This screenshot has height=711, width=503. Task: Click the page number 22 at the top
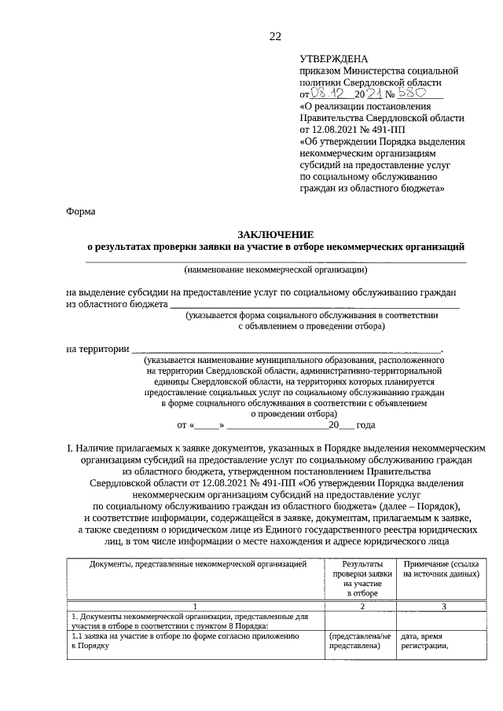[275, 36]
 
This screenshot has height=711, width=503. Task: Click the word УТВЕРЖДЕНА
[333, 59]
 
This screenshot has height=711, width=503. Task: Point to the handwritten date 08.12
[330, 93]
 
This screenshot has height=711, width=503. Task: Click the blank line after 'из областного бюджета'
[314, 303]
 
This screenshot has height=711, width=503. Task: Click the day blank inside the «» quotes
[209, 424]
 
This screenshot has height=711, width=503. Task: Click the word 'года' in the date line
[365, 424]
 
